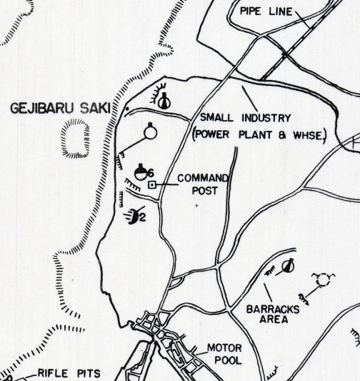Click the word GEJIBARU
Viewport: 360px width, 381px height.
pos(44,109)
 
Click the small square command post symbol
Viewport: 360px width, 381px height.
pos(151,185)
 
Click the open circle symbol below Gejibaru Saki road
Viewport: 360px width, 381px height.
pos(150,132)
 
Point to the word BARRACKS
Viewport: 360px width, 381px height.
pos(271,309)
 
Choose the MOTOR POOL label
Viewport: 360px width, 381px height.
pos(225,354)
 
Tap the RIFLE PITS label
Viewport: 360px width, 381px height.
pos(69,373)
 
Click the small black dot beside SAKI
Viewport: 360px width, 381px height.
pos(127,109)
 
